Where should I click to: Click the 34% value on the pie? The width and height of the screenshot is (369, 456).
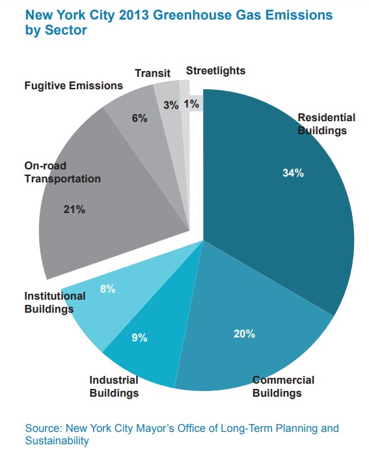(293, 173)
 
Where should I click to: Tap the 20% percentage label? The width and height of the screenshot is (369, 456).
(244, 334)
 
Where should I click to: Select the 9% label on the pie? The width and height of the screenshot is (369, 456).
(139, 337)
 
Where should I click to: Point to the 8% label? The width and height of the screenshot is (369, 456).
(108, 289)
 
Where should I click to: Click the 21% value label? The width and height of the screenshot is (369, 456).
(74, 209)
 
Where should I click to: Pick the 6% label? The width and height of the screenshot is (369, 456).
(139, 118)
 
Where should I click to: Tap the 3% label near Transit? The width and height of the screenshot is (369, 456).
(171, 105)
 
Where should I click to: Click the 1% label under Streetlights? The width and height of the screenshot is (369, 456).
(191, 104)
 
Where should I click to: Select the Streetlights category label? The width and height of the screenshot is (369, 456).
(215, 70)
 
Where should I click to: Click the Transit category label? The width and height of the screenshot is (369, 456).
(152, 73)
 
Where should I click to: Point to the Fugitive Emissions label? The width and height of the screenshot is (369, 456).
(74, 85)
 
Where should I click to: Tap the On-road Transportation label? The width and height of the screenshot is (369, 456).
(62, 172)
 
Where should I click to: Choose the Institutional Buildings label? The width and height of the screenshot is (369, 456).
(55, 302)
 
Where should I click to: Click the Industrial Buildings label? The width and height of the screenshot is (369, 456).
(114, 386)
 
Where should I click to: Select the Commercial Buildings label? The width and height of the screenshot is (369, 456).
(283, 386)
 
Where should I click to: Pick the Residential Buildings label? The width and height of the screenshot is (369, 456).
(327, 124)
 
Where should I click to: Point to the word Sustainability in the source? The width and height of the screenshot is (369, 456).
(57, 440)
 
